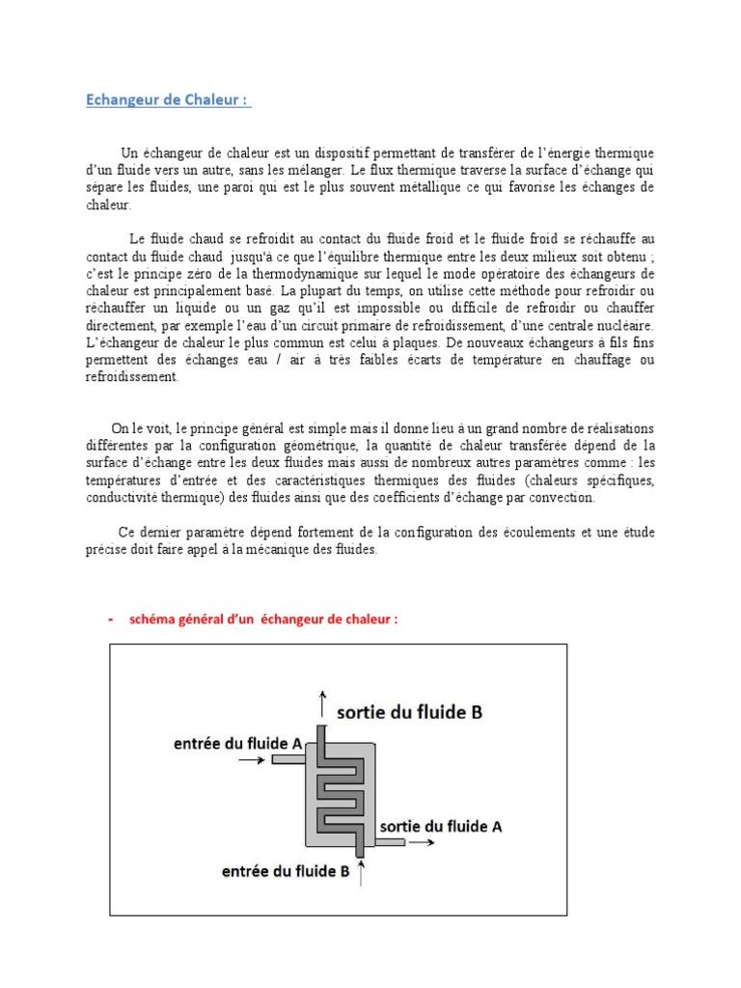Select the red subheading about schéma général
click(x=263, y=619)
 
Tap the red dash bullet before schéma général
click(x=111, y=619)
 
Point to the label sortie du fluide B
click(x=409, y=713)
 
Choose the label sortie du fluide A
click(x=441, y=827)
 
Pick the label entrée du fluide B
click(x=285, y=872)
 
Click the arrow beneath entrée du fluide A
click(x=249, y=760)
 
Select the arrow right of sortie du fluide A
click(x=421, y=843)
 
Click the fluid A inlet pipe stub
click(x=286, y=760)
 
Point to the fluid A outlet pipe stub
click(x=389, y=843)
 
